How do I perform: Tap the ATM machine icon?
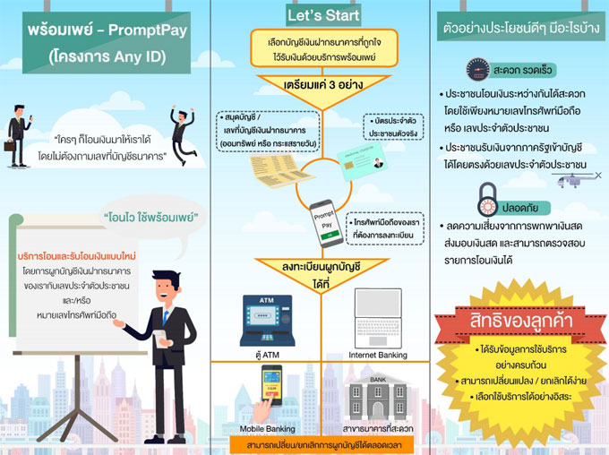[259, 319]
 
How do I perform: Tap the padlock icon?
[487, 196]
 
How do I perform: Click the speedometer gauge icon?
[477, 71]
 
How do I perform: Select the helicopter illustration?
[574, 180]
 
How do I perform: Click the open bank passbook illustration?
[269, 179]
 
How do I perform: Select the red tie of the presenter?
[165, 317]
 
